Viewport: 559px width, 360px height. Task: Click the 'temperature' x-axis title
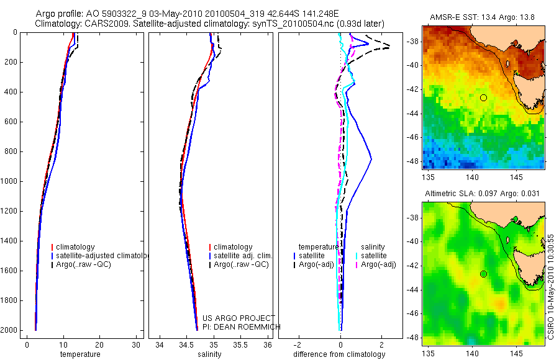(x=80, y=354)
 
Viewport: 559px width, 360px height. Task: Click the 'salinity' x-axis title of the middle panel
(x=209, y=354)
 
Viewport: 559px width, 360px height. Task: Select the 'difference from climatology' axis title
(x=340, y=354)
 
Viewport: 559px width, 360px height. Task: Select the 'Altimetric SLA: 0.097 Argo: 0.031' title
(x=483, y=194)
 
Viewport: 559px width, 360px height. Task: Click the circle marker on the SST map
(x=483, y=97)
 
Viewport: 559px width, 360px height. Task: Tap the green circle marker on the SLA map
(x=483, y=274)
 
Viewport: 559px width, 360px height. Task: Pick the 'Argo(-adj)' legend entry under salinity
(x=378, y=264)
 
